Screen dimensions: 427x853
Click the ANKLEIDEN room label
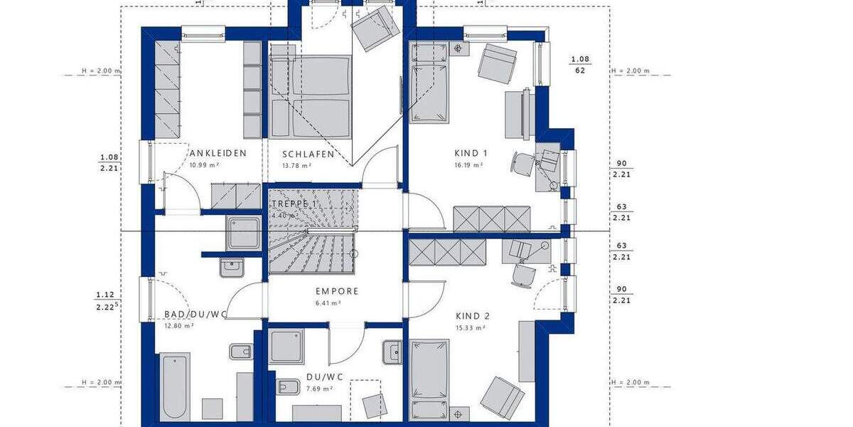(218, 153)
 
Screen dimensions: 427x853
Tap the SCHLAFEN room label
(309, 154)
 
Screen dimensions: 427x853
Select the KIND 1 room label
(471, 153)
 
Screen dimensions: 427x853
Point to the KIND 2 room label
(472, 316)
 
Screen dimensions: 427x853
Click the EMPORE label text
(337, 291)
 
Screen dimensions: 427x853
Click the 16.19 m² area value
(468, 165)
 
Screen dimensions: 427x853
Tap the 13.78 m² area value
(296, 166)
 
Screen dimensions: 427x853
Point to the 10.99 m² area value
(204, 165)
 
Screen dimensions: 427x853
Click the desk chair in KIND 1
(522, 164)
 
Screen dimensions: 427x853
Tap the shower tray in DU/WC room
(286, 347)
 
